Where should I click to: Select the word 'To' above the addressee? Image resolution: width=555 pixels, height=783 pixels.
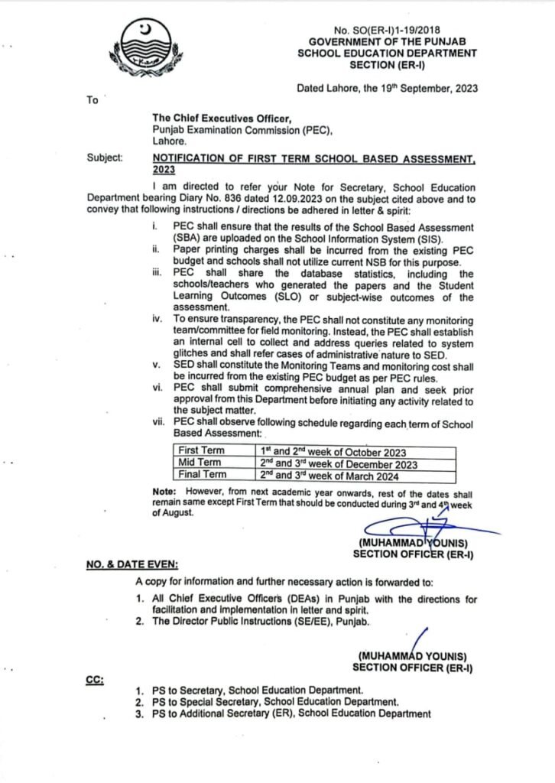point(92,99)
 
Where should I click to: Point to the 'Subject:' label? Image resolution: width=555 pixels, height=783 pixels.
point(105,158)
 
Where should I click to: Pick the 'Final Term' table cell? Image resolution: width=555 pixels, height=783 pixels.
point(201,475)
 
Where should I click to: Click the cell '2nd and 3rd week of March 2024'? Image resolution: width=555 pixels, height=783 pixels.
point(336,475)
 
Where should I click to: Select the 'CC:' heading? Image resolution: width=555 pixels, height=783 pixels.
point(96,677)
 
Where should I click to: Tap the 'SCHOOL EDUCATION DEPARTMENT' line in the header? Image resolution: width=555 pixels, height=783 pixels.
point(388,53)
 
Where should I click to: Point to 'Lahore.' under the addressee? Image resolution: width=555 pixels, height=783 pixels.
point(170,141)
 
